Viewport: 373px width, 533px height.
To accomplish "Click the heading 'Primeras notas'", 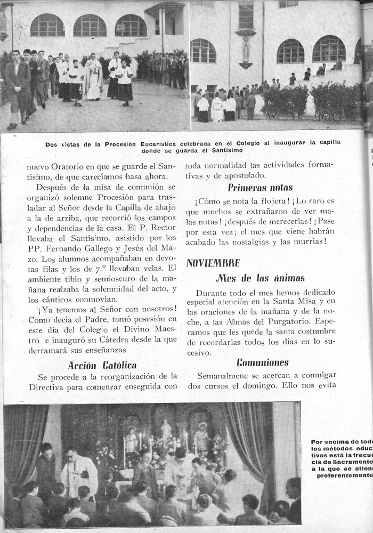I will click(260, 188).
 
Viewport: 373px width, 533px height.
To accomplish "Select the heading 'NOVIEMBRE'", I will click(213, 263).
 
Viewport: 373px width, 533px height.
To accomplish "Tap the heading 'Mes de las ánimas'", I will click(261, 278).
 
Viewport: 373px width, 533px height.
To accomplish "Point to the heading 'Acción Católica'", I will click(102, 365).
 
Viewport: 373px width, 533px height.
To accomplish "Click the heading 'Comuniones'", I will click(263, 362).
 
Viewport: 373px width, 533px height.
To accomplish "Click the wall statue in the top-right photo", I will click(246, 51).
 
